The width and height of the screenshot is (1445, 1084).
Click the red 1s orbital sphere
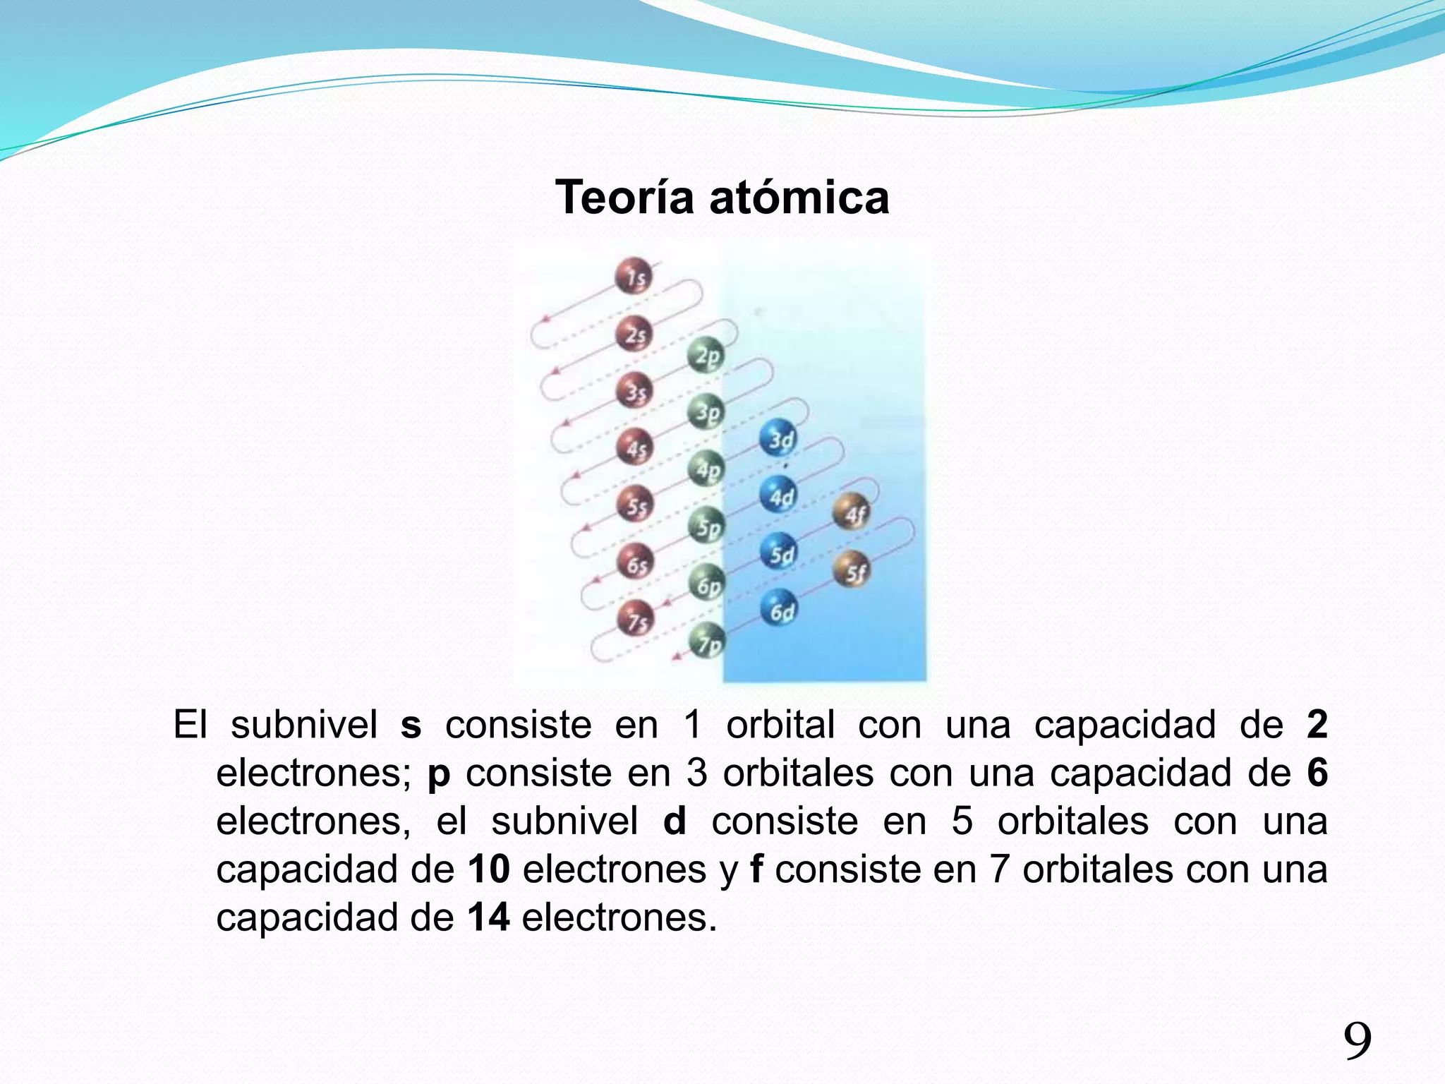click(x=634, y=276)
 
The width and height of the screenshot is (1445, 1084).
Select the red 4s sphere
click(x=634, y=447)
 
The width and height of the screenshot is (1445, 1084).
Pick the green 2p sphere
click(x=706, y=354)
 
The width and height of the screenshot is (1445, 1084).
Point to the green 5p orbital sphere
click(x=707, y=526)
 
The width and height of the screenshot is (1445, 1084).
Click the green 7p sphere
click(x=707, y=641)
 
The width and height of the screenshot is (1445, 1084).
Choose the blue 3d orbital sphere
click(x=778, y=438)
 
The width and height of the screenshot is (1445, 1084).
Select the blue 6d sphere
click(x=779, y=608)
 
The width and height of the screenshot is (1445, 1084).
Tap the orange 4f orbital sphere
click(x=852, y=512)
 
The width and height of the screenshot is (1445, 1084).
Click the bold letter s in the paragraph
click(x=411, y=725)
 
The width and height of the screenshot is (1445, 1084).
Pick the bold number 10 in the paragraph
click(x=488, y=869)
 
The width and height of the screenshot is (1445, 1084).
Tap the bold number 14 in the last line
click(x=488, y=917)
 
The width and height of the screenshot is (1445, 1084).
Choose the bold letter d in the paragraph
click(x=675, y=821)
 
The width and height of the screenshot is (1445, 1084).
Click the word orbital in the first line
click(x=780, y=725)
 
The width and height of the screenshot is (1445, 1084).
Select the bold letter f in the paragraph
click(x=756, y=869)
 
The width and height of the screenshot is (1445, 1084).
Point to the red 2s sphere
click(x=634, y=333)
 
